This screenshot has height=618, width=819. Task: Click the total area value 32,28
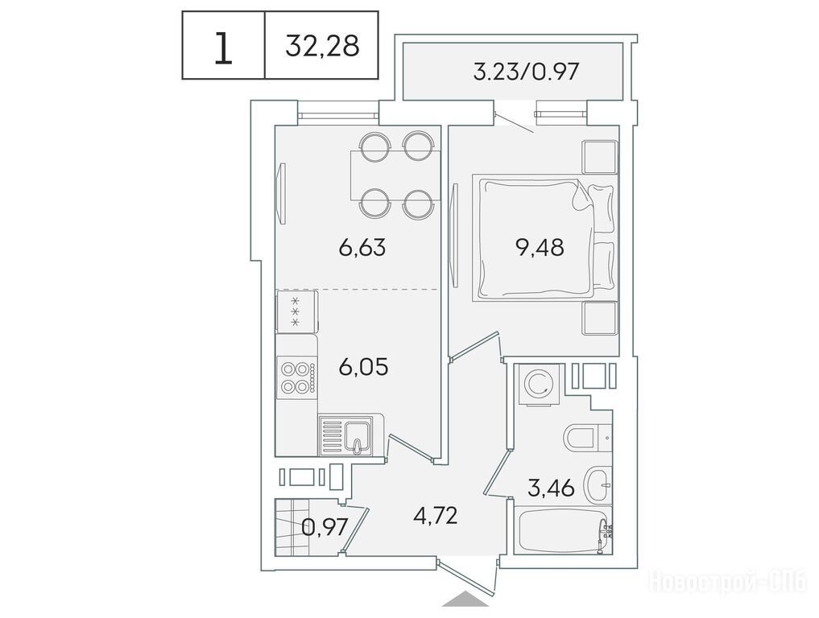pos(322,46)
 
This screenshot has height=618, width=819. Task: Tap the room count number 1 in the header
pos(223,47)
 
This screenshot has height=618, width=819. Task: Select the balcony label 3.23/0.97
pos(526,72)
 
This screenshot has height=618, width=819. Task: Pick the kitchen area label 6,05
pos(363,367)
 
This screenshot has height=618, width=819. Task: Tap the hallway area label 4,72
pos(435,516)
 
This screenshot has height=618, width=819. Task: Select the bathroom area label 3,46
pos(551,488)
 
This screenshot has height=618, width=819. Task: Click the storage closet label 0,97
pos(325,527)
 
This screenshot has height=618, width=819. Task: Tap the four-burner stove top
pos(296,377)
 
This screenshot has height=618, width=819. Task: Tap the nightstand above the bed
pos(600,157)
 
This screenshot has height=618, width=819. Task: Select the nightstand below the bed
pos(600,318)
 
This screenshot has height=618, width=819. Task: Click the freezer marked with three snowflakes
pos(296,311)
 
